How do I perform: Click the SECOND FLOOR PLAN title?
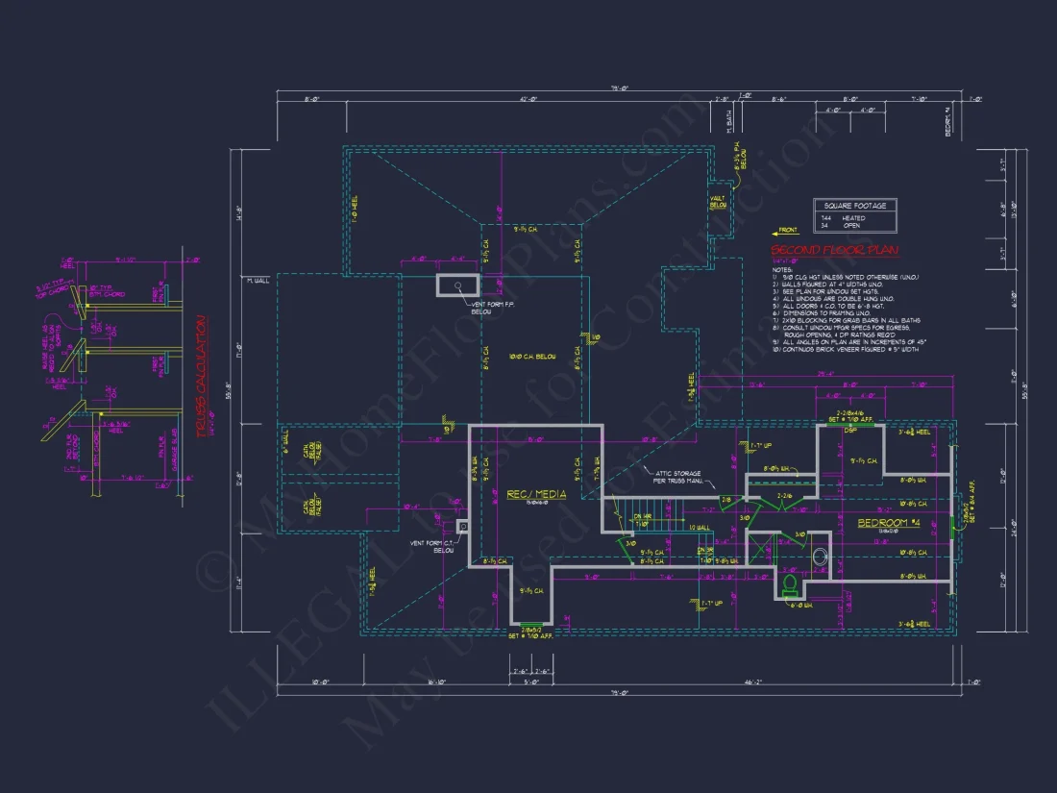(x=834, y=251)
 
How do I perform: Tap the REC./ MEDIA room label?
(x=536, y=494)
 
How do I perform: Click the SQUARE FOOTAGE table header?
(x=854, y=206)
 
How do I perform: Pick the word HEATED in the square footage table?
(x=853, y=218)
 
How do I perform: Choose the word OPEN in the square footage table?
(x=851, y=227)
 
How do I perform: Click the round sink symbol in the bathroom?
(x=821, y=556)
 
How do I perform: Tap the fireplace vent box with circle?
(x=458, y=285)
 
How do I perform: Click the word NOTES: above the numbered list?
(x=780, y=269)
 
